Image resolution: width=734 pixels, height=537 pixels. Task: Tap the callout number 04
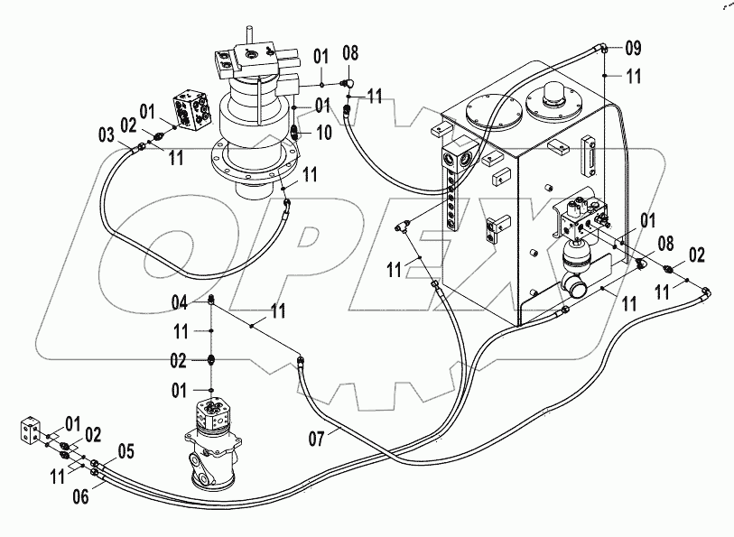click(181, 302)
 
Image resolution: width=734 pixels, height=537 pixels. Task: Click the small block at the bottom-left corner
click(32, 430)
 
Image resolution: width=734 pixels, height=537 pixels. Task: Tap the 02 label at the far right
click(695, 255)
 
